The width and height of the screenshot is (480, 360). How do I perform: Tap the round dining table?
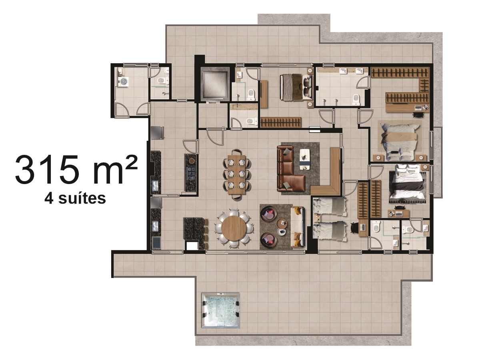[x=234, y=228]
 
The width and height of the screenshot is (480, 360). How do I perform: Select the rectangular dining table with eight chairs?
[x=237, y=174]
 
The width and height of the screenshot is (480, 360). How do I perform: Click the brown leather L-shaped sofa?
[x=289, y=169]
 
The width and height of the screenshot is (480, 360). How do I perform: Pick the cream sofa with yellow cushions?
[x=298, y=227]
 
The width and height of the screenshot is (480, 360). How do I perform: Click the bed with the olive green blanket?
[x=296, y=88]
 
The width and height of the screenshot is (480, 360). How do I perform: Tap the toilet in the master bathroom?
[x=356, y=99]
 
